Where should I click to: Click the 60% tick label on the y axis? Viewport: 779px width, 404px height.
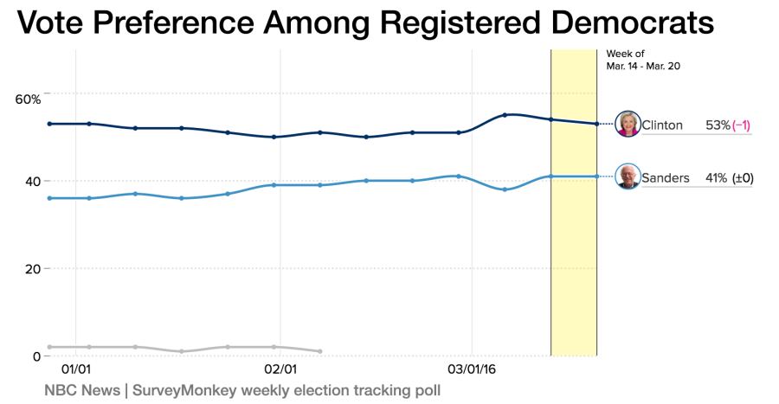point(28,99)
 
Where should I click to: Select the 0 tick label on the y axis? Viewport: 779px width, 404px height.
point(35,356)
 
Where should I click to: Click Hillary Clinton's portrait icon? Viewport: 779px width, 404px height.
point(628,124)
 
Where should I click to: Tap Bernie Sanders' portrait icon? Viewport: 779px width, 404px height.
point(628,176)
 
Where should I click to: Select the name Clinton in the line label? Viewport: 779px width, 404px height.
point(662,125)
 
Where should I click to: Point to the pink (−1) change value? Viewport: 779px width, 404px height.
point(742,125)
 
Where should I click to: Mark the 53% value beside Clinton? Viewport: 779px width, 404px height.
point(718,125)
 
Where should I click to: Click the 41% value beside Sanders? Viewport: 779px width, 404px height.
point(716,178)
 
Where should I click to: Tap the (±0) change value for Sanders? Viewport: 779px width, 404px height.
point(743,178)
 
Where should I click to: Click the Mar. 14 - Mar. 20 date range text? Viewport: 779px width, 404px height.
point(643,66)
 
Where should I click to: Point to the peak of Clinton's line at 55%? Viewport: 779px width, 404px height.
point(505,114)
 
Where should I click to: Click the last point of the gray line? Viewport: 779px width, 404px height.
point(320,351)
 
